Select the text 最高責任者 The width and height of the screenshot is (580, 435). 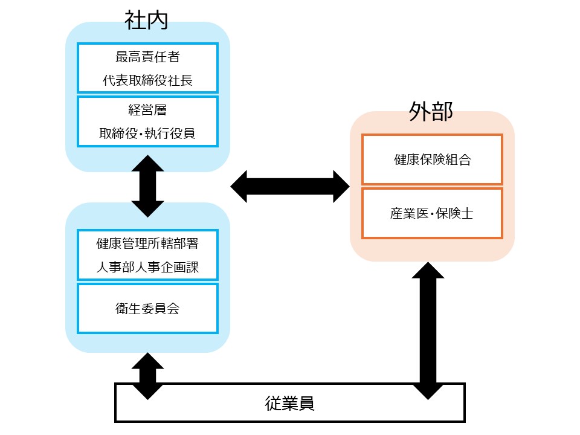click(x=147, y=58)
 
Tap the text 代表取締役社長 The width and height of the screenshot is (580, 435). click(x=147, y=80)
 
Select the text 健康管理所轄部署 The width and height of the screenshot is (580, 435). click(x=147, y=244)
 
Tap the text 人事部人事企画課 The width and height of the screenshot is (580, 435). click(x=147, y=267)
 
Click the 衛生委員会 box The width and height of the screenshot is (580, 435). click(x=147, y=308)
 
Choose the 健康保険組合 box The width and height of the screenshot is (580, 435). click(x=432, y=159)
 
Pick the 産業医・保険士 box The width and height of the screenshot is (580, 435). click(x=432, y=213)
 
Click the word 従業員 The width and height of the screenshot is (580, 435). click(x=290, y=403)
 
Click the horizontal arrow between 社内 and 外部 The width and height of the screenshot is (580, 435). click(x=290, y=186)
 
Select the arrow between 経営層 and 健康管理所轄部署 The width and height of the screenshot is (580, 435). click(x=147, y=186)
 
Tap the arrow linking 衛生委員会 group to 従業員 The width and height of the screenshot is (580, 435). click(x=147, y=376)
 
